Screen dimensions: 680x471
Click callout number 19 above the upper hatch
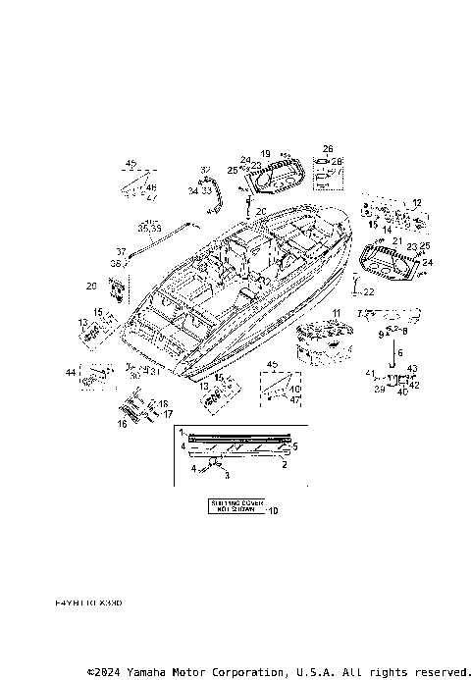click(x=266, y=154)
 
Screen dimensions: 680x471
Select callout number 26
click(x=328, y=149)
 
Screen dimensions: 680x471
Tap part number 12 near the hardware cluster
click(x=415, y=202)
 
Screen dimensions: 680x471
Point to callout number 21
click(x=396, y=240)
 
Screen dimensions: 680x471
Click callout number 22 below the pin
click(x=369, y=292)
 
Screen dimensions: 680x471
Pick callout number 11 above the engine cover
click(x=337, y=313)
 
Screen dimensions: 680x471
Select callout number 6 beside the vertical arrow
click(x=398, y=350)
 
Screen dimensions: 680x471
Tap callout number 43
click(x=412, y=368)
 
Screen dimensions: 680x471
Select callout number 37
click(x=121, y=251)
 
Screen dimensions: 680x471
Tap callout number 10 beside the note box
click(x=274, y=510)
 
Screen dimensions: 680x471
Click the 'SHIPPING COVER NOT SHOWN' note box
click(x=235, y=506)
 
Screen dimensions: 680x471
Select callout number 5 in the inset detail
click(x=295, y=445)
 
